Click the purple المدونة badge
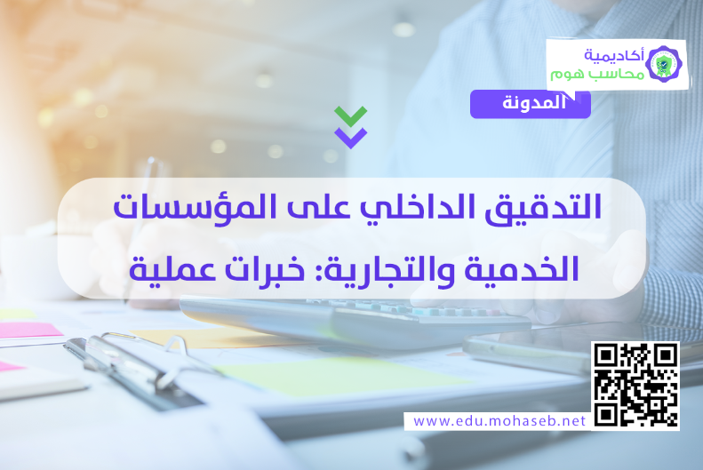click(531, 104)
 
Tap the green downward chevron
click(350, 116)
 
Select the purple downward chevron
click(350, 137)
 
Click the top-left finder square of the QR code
click(605, 355)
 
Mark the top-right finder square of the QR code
click(666, 355)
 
